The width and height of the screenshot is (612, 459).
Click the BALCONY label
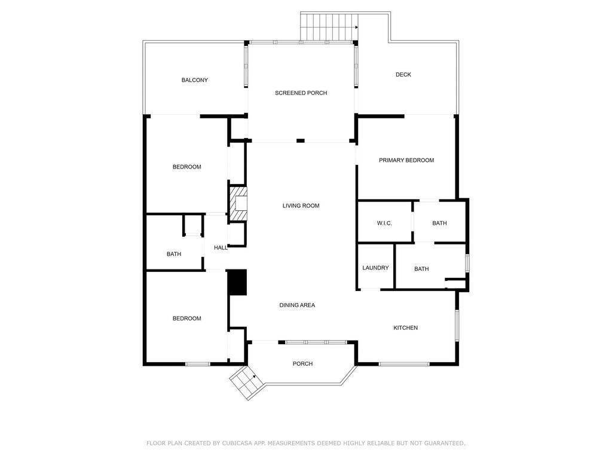click(x=195, y=80)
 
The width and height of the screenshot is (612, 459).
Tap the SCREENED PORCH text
click(x=301, y=93)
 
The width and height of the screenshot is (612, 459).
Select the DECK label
click(x=403, y=75)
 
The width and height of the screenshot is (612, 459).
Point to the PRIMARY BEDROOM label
click(x=406, y=160)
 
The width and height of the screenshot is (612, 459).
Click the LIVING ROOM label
click(x=301, y=206)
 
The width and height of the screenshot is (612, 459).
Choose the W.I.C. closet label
click(x=384, y=223)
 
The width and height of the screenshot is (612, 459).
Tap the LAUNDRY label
click(x=375, y=268)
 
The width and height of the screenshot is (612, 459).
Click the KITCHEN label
click(x=405, y=328)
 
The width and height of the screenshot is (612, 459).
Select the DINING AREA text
click(x=297, y=305)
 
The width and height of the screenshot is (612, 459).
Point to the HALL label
click(x=221, y=247)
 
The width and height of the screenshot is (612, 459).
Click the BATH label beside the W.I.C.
click(x=439, y=223)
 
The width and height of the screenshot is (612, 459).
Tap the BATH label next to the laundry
click(x=421, y=269)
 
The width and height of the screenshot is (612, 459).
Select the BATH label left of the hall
click(x=174, y=254)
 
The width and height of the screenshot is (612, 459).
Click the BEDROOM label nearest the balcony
click(x=187, y=167)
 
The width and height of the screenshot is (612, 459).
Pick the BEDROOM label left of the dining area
click(x=187, y=319)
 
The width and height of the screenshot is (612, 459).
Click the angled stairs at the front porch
click(x=245, y=383)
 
